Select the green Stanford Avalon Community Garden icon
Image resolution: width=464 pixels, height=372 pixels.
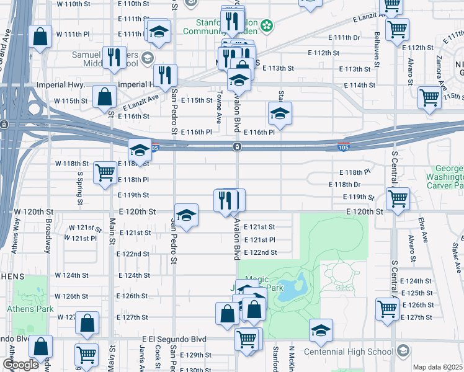(267, 25)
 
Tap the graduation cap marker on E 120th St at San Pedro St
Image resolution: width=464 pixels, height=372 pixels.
(186, 215)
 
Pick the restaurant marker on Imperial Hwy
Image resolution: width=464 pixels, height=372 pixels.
(165, 75)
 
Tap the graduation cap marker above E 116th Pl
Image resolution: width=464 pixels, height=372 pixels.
(280, 113)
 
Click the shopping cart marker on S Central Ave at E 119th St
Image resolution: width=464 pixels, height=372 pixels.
(397, 198)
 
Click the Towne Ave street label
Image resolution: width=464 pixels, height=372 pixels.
(220, 105)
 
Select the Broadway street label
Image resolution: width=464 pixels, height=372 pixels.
(48, 236)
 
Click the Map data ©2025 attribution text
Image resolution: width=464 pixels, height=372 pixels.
(437, 367)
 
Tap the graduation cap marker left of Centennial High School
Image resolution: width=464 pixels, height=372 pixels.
(321, 330)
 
